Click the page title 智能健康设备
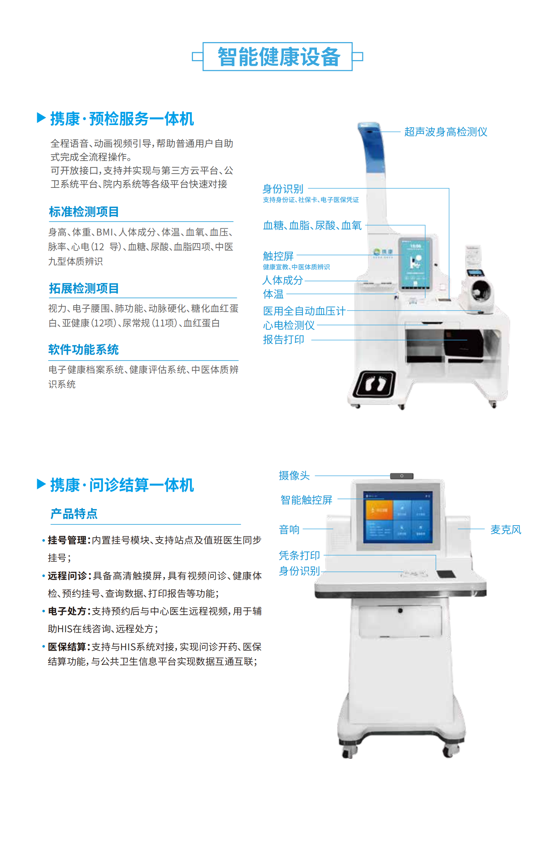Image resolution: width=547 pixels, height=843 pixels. pos(279,57)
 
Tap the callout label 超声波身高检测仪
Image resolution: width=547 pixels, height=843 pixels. pos(446,132)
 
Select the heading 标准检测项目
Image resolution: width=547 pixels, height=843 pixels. pos(84,212)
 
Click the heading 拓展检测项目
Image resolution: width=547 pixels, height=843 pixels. pos(84,288)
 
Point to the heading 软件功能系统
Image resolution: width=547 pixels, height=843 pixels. pos(83,349)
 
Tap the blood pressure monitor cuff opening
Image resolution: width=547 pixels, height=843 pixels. pos(479,290)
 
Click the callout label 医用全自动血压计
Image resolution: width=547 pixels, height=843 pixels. pos(304,311)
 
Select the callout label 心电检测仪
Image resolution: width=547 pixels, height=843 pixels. pos(289,325)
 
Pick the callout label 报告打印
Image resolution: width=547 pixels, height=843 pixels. pos(283,340)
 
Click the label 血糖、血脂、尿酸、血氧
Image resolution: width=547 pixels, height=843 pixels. pos(312,225)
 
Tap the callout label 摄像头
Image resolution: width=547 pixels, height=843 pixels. pos(294,476)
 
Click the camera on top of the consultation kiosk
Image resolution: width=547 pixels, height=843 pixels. pos(402,476)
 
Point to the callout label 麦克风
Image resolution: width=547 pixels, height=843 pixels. pos(506,530)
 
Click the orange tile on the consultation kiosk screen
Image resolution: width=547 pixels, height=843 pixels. pos(379,510)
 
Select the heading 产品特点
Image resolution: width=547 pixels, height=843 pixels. pos(74,514)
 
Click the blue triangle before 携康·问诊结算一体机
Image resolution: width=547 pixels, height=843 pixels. pos(41,484)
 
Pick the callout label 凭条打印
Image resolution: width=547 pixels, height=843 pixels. pos(299,555)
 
